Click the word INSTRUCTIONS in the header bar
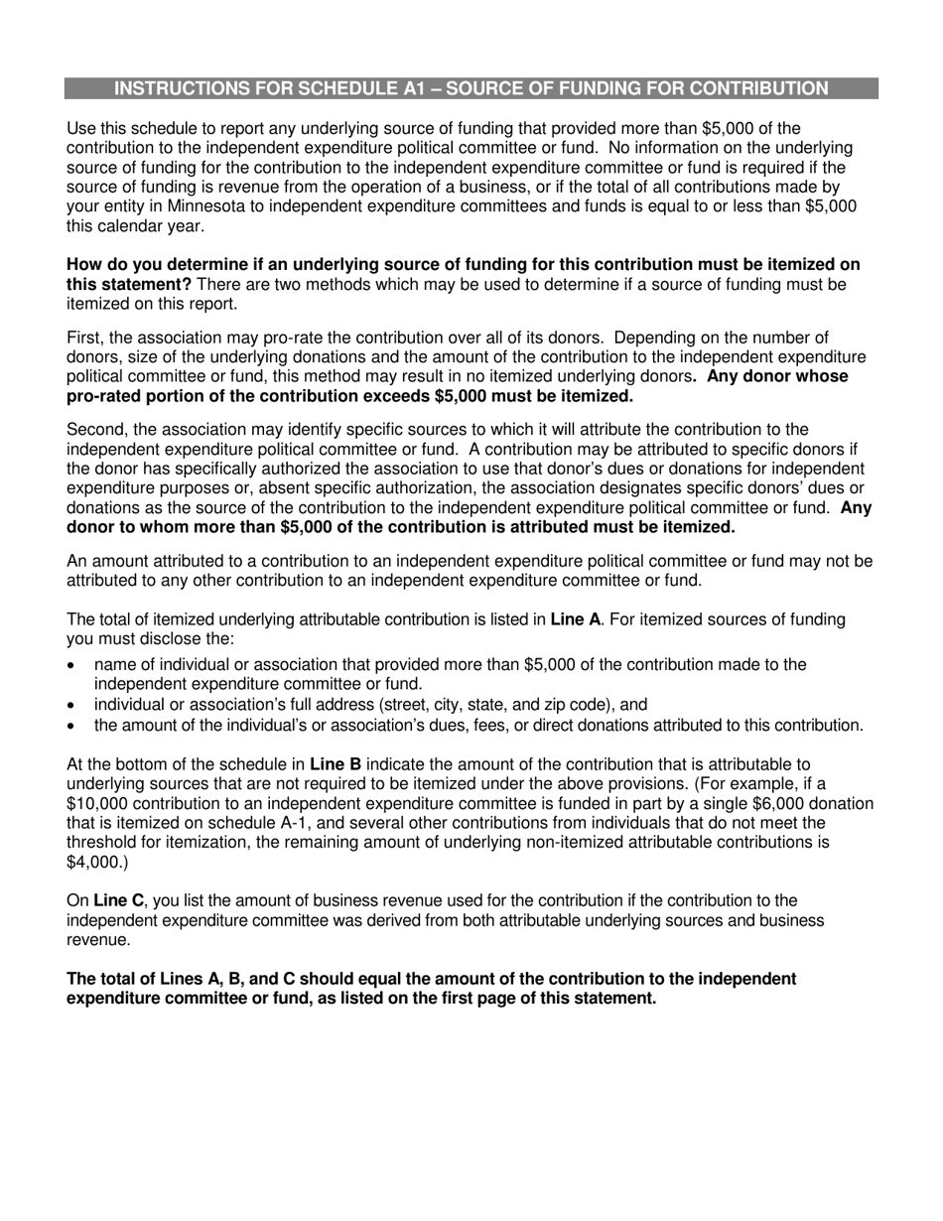[x=182, y=88]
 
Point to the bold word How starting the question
[x=84, y=265]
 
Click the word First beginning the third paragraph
[x=84, y=339]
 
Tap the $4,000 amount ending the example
[x=94, y=862]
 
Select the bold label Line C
[x=118, y=901]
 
